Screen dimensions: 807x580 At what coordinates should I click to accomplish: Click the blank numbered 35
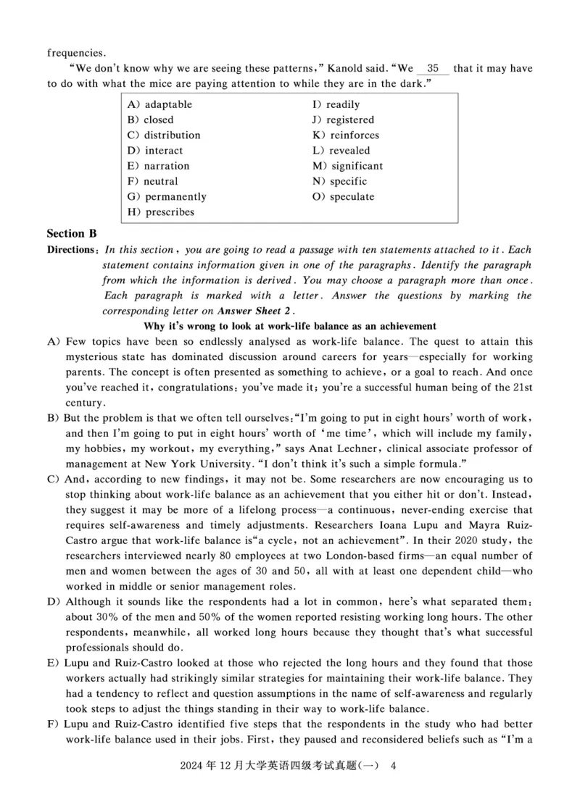point(433,69)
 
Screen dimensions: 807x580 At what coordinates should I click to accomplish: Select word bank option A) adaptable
point(159,104)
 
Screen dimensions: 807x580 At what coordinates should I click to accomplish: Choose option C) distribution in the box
point(164,135)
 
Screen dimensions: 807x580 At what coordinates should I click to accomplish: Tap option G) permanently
point(167,196)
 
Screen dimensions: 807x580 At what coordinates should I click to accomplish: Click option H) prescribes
point(161,212)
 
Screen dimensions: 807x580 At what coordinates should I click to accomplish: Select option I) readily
point(336,104)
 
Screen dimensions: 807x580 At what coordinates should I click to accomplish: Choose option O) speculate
point(344,196)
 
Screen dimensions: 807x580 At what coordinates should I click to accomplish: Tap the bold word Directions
point(72,249)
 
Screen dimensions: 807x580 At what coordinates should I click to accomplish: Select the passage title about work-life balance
point(290,326)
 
